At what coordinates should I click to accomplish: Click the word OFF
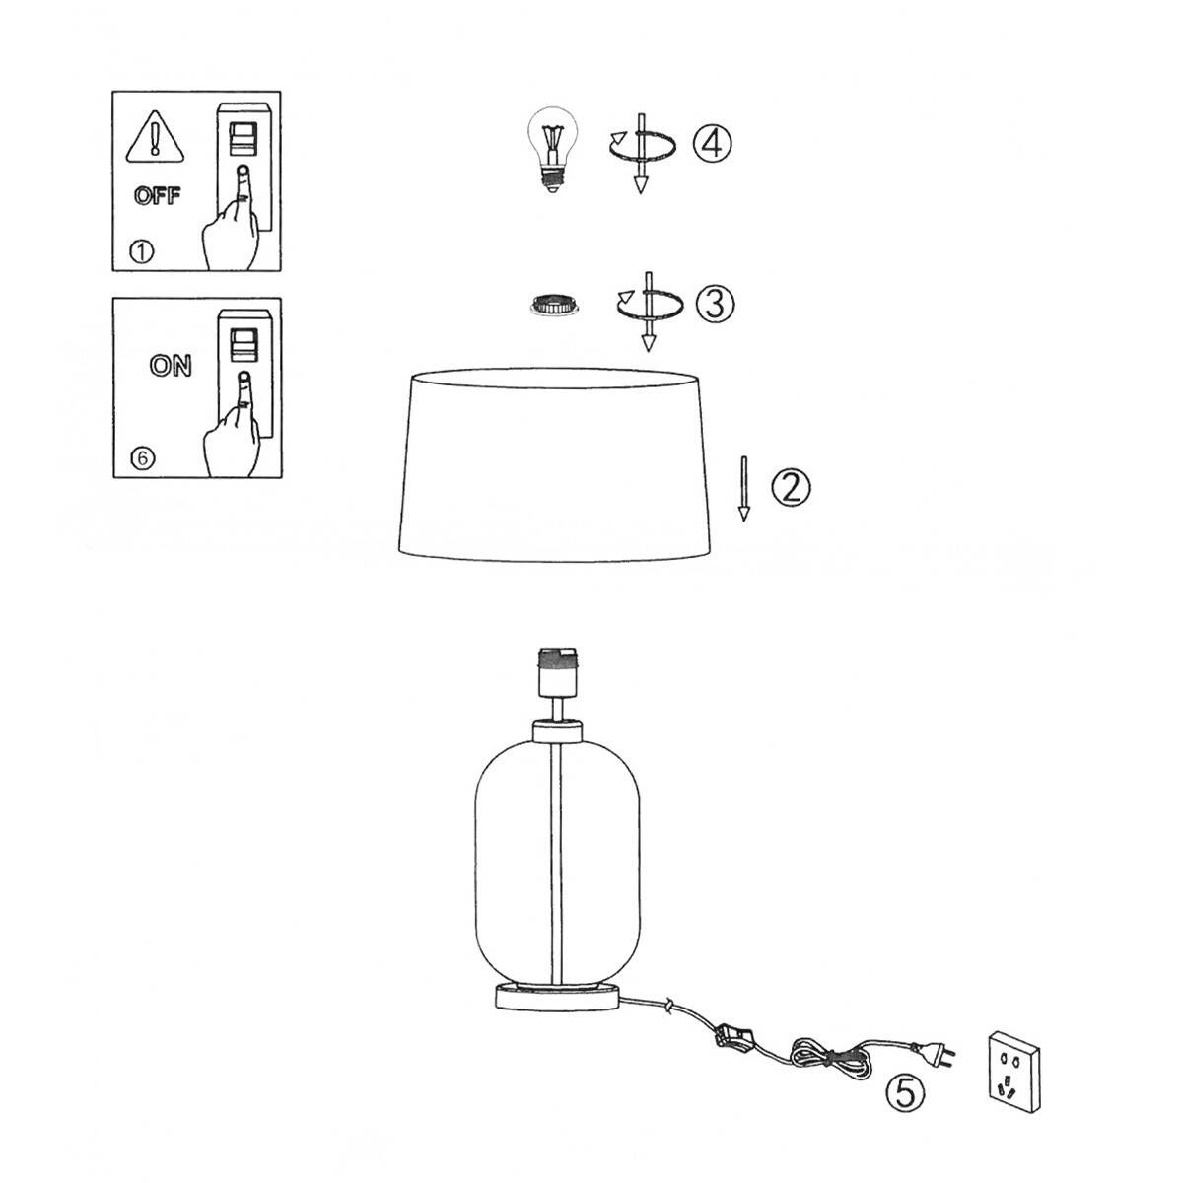[157, 196]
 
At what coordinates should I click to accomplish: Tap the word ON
[170, 366]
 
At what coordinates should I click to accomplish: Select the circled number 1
[142, 251]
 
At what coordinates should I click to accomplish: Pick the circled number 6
[142, 458]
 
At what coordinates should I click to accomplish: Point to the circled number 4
[712, 143]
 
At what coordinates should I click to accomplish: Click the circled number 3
[715, 304]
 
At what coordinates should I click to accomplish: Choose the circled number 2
[791, 488]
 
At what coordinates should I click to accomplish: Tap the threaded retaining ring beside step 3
[555, 305]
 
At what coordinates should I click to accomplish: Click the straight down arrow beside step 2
[744, 489]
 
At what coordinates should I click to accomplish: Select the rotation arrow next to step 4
[642, 152]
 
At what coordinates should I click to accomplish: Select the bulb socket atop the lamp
[558, 673]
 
